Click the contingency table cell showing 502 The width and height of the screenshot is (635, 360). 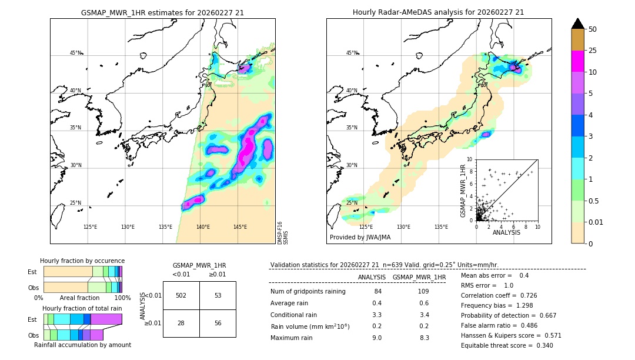181,295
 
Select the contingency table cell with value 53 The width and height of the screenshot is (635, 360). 218,295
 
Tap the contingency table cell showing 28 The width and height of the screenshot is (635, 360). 181,323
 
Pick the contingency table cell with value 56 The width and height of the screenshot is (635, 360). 218,323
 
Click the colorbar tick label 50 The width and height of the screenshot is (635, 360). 593,29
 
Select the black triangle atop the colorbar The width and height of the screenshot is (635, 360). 578,24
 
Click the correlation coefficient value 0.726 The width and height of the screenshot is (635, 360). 541,295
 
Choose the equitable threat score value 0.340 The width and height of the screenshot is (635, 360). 541,345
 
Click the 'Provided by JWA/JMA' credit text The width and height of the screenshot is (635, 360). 360,237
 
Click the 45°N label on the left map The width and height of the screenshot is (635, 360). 76,53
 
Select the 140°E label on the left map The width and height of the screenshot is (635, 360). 203,227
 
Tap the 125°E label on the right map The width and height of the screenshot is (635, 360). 366,227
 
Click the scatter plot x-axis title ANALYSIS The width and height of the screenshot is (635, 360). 506,232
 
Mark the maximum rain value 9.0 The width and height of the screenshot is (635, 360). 377,338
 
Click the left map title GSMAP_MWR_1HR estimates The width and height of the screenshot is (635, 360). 162,12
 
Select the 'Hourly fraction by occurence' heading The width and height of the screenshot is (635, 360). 82,261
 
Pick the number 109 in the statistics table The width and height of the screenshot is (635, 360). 423,292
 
